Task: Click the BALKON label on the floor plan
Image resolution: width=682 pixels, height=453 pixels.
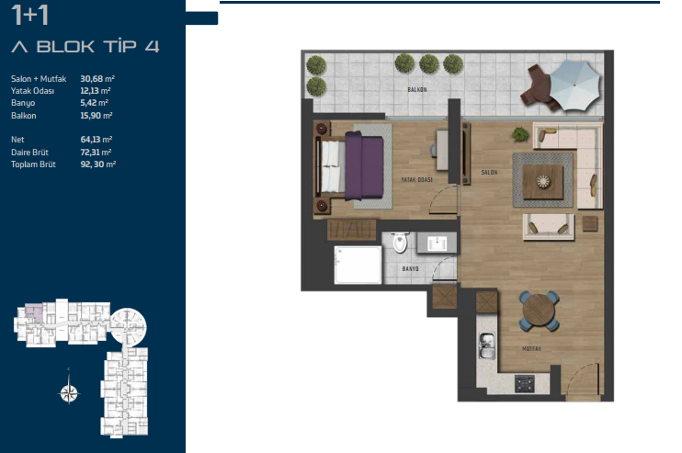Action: pyautogui.click(x=417, y=89)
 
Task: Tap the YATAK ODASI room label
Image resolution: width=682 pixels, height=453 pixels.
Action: pyautogui.click(x=416, y=179)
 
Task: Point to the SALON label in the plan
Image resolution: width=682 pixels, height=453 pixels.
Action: pyautogui.click(x=489, y=173)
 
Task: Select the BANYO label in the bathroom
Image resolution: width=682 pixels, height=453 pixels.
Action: pyautogui.click(x=410, y=269)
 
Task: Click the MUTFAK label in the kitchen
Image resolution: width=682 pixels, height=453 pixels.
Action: pyautogui.click(x=531, y=348)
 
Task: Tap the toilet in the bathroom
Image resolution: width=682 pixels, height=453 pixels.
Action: pyautogui.click(x=399, y=243)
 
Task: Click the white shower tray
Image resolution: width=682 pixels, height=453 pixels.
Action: pyautogui.click(x=358, y=266)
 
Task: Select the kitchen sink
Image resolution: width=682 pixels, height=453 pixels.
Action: pyautogui.click(x=487, y=345)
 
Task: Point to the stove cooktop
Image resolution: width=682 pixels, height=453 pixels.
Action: pyautogui.click(x=525, y=383)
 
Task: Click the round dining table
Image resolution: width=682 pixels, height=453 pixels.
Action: pyautogui.click(x=539, y=311)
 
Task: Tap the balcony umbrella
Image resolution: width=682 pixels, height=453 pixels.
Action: pyautogui.click(x=575, y=85)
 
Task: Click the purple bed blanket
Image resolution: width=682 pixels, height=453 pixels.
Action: pyautogui.click(x=364, y=166)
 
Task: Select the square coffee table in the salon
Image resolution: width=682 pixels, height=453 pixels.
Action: pyautogui.click(x=543, y=181)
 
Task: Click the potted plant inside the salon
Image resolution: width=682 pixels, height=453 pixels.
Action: pyautogui.click(x=520, y=134)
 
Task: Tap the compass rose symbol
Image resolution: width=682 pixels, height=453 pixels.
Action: pyautogui.click(x=69, y=393)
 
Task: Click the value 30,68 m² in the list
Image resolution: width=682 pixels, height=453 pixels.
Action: pyautogui.click(x=97, y=79)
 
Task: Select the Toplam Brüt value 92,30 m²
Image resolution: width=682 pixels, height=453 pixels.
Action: pyautogui.click(x=97, y=164)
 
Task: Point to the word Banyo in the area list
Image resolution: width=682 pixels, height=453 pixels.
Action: pyautogui.click(x=23, y=103)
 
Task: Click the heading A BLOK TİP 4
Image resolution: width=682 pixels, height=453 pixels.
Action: pyautogui.click(x=85, y=46)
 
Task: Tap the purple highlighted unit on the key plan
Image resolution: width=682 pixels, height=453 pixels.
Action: pyautogui.click(x=34, y=312)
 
